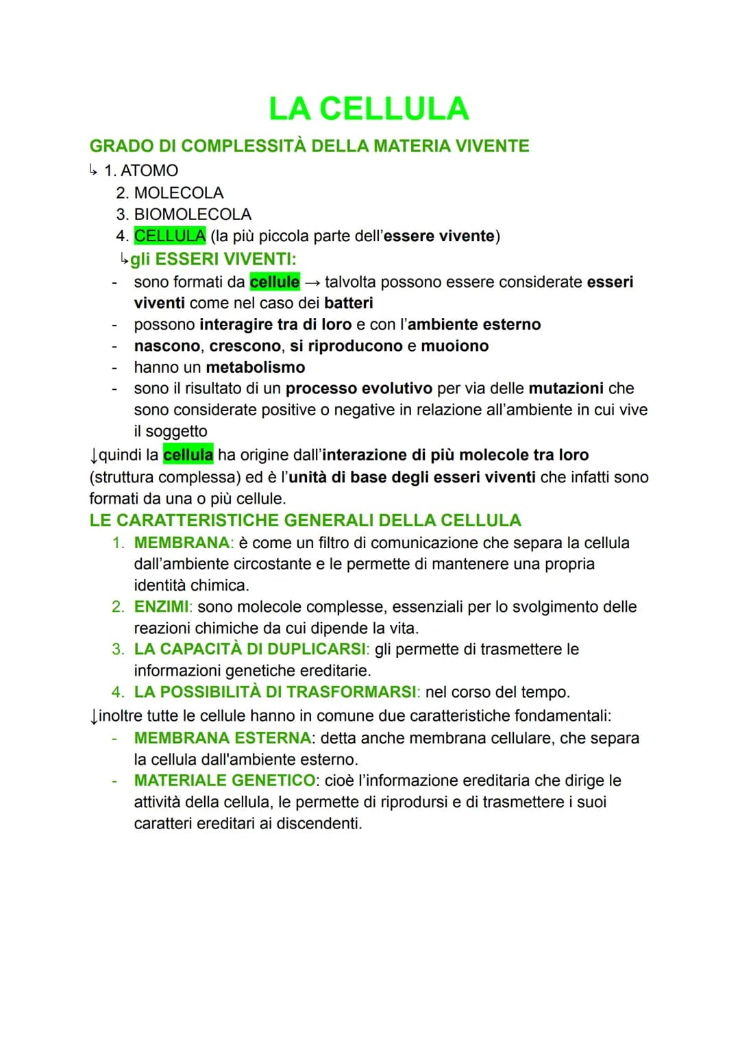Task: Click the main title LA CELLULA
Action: [x=369, y=109]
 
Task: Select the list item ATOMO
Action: [x=149, y=171]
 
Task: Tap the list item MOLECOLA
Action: [x=178, y=193]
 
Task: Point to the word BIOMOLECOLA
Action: [x=193, y=214]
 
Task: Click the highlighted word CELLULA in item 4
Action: [x=170, y=236]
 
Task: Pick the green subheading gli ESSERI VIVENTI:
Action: [x=212, y=259]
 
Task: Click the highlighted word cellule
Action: [x=275, y=282]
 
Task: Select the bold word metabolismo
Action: [x=256, y=367]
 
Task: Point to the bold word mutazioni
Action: [x=566, y=389]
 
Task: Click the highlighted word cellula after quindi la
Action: [x=188, y=455]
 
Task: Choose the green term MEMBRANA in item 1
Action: [x=182, y=543]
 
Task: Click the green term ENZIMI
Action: [x=161, y=606]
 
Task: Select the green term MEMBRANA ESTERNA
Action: [x=222, y=738]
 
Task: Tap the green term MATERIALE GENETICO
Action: [x=225, y=780]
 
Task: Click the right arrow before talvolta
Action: [x=312, y=282]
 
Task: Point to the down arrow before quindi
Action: [x=94, y=456]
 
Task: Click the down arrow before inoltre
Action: [x=94, y=717]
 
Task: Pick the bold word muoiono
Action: [x=454, y=346]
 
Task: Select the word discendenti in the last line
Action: [x=319, y=823]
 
